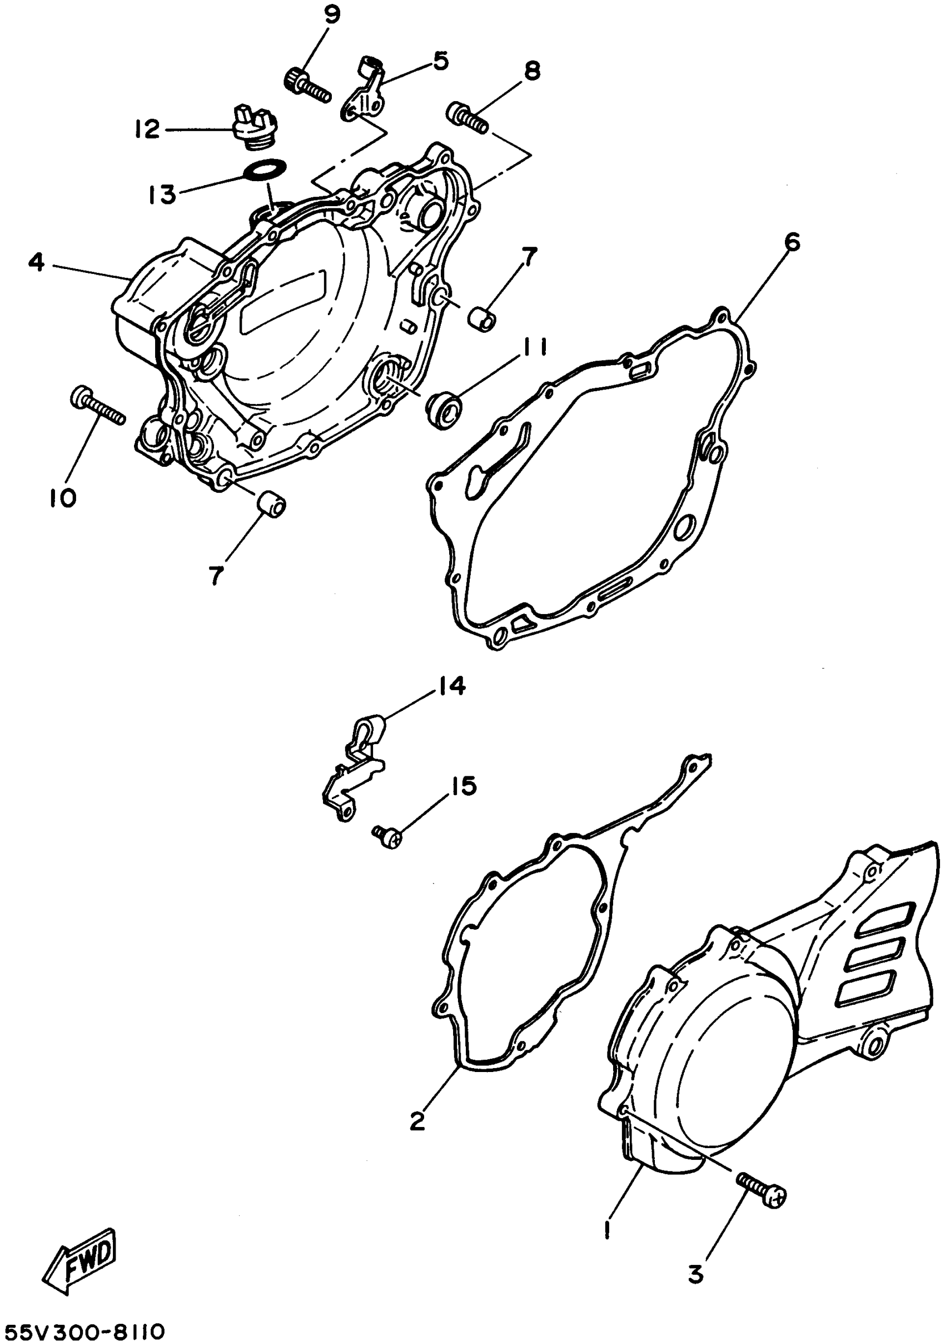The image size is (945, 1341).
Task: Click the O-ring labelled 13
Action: pyautogui.click(x=266, y=170)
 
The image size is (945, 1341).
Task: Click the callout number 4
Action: pyautogui.click(x=36, y=263)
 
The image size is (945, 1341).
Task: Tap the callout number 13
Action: pyautogui.click(x=161, y=195)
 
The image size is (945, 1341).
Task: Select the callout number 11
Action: pyautogui.click(x=533, y=348)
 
